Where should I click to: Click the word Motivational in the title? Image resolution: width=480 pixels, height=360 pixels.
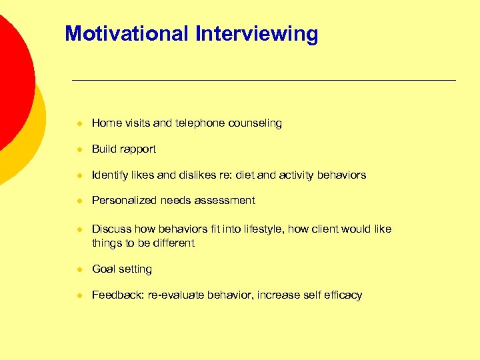click(127, 33)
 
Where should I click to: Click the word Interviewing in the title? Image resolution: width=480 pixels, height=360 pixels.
click(257, 33)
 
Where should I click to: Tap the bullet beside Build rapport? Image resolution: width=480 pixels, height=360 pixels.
click(79, 149)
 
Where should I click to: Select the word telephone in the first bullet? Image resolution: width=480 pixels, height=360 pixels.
click(199, 123)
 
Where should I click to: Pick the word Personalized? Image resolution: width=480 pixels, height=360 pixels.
click(124, 201)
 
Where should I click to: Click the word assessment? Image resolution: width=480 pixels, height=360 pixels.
click(224, 201)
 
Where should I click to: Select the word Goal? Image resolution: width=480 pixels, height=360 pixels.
click(103, 269)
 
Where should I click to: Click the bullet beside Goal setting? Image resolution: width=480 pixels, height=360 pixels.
click(79, 269)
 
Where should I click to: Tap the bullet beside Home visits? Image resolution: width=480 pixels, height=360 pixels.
click(79, 123)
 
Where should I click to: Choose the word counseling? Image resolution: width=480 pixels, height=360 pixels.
click(255, 123)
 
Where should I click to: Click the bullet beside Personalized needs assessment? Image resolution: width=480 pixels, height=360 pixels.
click(79, 201)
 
